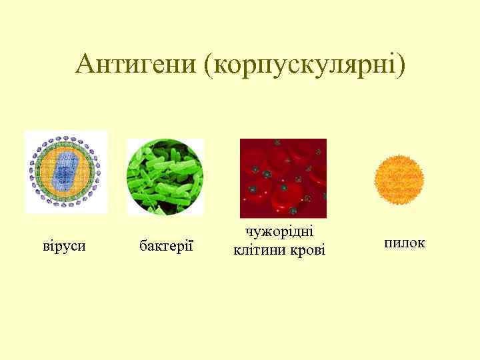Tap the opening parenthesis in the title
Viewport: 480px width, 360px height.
[211, 65]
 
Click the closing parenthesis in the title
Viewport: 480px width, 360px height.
[400, 65]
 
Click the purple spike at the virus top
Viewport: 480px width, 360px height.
[65, 137]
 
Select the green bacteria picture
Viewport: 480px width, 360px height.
[165, 177]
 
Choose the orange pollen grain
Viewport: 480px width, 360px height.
[399, 179]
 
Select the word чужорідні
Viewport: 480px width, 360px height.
[280, 232]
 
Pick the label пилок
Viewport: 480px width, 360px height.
[405, 243]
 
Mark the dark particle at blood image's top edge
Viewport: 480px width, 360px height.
[276, 142]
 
